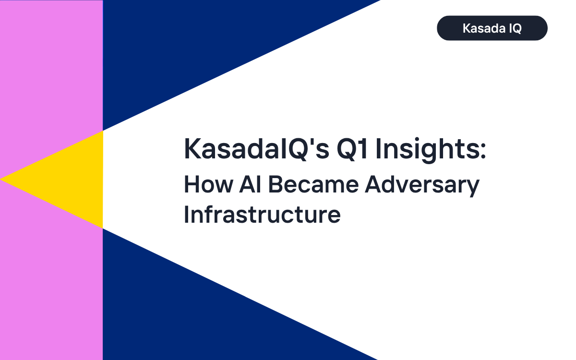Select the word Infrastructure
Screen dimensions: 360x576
[x=262, y=215]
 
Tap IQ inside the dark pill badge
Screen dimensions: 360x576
[x=514, y=28]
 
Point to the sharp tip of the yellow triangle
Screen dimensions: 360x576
[x=2, y=179]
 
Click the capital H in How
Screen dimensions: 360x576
[x=191, y=185]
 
